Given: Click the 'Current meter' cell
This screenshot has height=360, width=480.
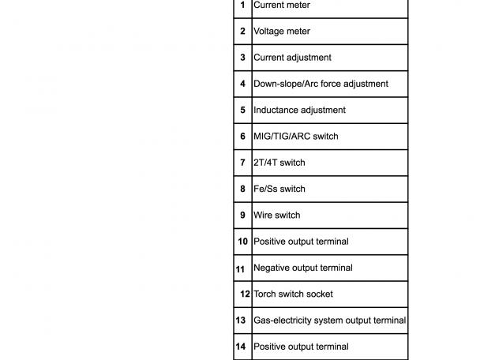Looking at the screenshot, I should tap(282, 6).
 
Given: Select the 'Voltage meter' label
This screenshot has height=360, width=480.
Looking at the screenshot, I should tap(282, 32).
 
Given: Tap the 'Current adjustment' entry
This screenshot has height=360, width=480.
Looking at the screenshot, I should tap(292, 58).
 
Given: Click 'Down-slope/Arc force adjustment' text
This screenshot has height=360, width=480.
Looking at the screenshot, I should tap(321, 84).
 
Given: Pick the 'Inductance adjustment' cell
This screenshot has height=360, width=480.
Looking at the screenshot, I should tap(299, 110).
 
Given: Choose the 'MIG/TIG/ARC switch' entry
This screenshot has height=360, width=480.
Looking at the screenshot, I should tap(295, 137).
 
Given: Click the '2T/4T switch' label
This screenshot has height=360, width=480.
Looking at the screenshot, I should tap(279, 163).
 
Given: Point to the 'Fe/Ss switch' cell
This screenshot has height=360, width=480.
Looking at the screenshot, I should tap(279, 189).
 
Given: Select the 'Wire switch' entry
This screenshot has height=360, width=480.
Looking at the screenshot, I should tap(276, 215).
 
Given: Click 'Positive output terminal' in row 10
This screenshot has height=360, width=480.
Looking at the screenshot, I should tap(301, 242).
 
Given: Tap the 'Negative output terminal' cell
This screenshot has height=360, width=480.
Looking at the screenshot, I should tap(302, 268).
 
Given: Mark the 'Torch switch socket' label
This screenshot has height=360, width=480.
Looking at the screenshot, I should tap(293, 294).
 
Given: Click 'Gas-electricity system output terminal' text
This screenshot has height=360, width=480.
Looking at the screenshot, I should tap(329, 321).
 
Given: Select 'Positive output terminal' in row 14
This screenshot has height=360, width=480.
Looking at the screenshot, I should tap(301, 347).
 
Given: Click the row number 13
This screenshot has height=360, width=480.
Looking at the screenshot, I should tap(241, 321).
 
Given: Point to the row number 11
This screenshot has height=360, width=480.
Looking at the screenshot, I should tap(240, 269).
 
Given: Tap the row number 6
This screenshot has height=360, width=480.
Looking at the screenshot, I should tap(242, 137).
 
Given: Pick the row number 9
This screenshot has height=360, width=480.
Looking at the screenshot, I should tap(242, 215).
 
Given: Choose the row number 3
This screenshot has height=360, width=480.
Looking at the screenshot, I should tap(242, 58).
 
